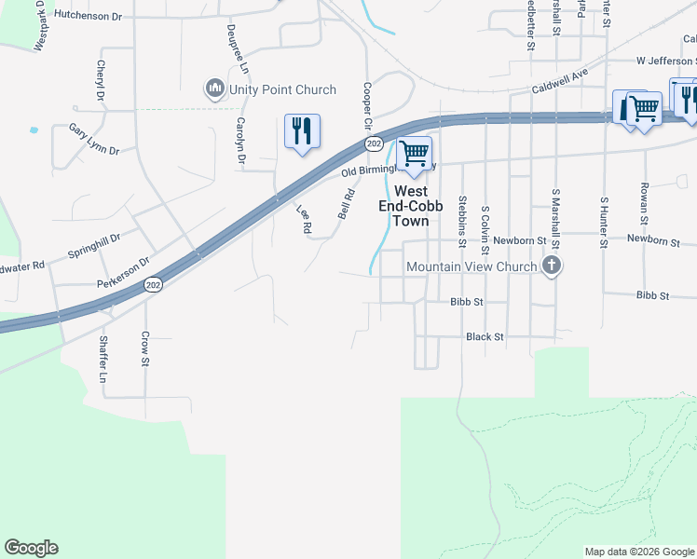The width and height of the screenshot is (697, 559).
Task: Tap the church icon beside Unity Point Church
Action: click(215, 89)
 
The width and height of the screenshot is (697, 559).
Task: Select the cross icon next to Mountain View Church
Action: click(552, 267)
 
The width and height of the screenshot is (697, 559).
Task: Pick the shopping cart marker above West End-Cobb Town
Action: click(414, 152)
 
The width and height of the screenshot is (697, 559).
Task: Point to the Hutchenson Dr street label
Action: click(89, 16)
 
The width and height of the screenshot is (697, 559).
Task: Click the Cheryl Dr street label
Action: click(100, 80)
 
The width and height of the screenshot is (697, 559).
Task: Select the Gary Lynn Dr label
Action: click(93, 138)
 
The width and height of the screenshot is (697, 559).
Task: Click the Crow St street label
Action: click(145, 348)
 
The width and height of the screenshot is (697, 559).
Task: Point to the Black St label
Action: click(485, 336)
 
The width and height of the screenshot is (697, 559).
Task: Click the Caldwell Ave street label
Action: click(560, 81)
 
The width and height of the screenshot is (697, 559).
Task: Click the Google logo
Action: click(31, 548)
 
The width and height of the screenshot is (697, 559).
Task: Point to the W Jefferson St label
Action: click(665, 61)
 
